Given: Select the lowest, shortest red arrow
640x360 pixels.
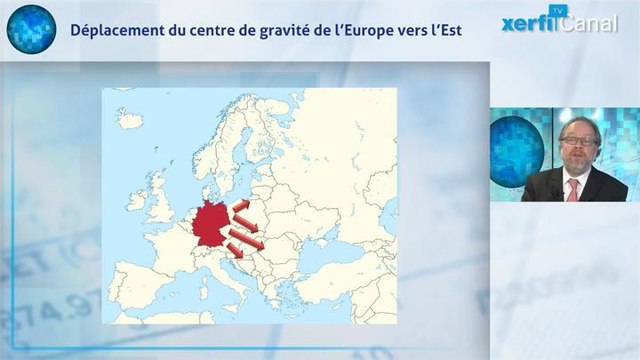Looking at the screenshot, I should (234, 250).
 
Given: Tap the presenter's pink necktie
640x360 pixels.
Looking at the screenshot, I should (573, 188).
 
